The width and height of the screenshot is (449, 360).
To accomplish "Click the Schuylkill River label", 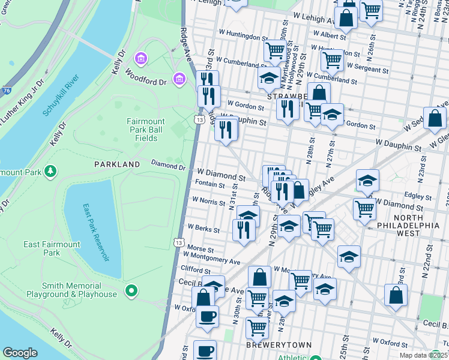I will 61,96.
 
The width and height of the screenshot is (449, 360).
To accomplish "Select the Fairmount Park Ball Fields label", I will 142,130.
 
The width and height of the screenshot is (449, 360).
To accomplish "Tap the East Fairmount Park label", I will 52,248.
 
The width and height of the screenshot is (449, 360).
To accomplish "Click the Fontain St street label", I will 210,184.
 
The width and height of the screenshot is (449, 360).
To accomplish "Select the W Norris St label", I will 208,202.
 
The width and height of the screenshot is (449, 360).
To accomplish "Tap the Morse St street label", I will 200,249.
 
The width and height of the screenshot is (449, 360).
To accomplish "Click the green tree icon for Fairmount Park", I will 51,172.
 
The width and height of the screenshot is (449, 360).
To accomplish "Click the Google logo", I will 20,353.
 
